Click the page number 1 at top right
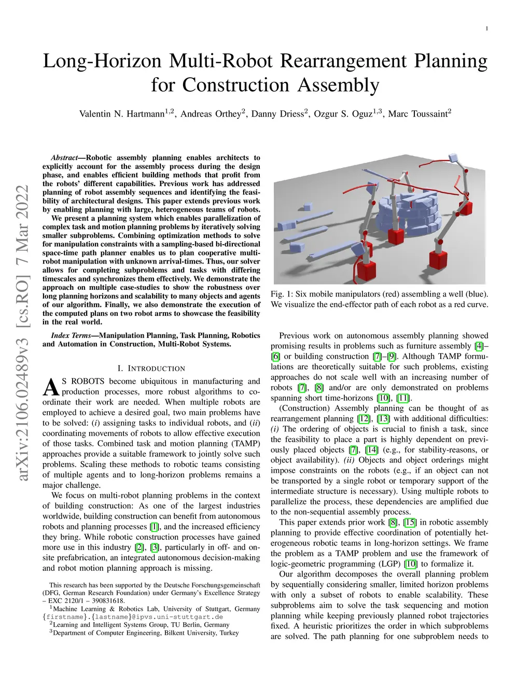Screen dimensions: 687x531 [x=486, y=29]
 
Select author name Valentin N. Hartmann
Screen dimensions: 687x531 [x=122, y=114]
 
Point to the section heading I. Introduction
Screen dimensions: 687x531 [x=151, y=368]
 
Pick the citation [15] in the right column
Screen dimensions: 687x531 [x=410, y=522]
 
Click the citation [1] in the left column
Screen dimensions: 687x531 [x=154, y=526]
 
